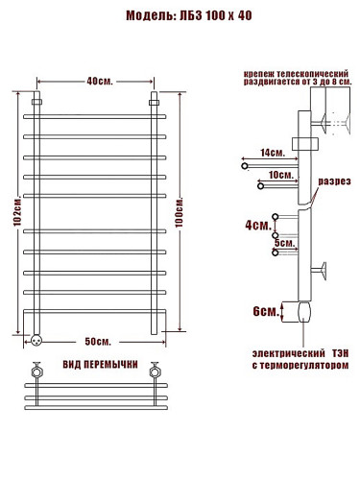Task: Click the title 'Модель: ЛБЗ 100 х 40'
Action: (x=188, y=15)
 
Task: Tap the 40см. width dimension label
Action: (x=100, y=82)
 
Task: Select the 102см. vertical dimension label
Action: (x=17, y=212)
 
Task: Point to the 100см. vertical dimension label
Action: (x=180, y=213)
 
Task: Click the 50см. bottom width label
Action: (x=98, y=342)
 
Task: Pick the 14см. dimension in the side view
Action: (x=273, y=153)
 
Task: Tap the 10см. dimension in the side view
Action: (x=281, y=175)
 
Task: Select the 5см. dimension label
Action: (x=284, y=243)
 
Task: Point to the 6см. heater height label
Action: (x=266, y=311)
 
